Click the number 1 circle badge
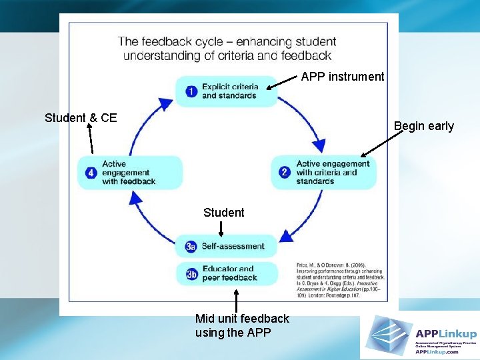pos(191,91)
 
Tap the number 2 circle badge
pos(285,172)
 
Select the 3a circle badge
pos(191,247)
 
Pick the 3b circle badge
pos(191,273)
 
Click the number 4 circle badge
pos(90,172)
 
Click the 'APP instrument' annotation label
pos(343,77)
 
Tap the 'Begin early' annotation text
pos(423,126)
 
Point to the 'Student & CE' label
pos(81,118)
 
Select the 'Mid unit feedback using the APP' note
pos(242,325)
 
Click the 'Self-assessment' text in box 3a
pos(233,246)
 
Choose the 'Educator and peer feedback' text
pos(229,273)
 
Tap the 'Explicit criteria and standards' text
pos(229,91)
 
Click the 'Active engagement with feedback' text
pos(129,172)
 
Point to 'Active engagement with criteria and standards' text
pos(333,172)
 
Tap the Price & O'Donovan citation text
pos(340,280)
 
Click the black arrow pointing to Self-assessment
pos(221,228)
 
